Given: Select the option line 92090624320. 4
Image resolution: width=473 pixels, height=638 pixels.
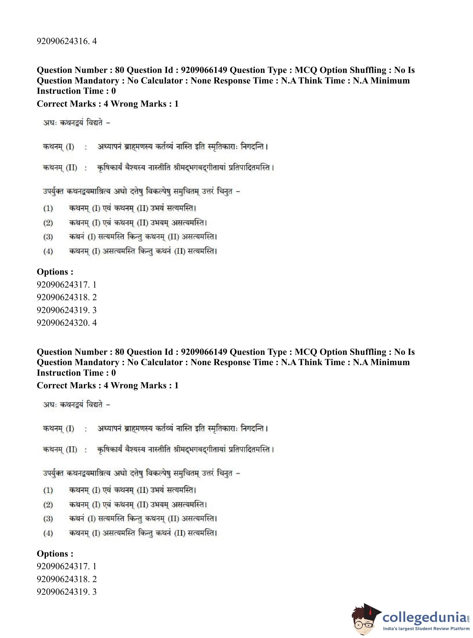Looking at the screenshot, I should coord(66,323).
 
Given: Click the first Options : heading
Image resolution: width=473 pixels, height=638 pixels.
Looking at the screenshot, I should coord(55,272).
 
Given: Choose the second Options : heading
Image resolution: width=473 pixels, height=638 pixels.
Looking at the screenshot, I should coord(55,553).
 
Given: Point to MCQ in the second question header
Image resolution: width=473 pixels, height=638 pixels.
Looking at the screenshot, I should coord(306,352).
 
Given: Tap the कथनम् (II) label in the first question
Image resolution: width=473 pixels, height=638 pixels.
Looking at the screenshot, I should coord(60,167).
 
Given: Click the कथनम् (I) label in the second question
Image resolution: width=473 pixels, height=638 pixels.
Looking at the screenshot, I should coord(58,429).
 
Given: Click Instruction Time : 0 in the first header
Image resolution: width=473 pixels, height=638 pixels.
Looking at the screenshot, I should coord(76,91).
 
